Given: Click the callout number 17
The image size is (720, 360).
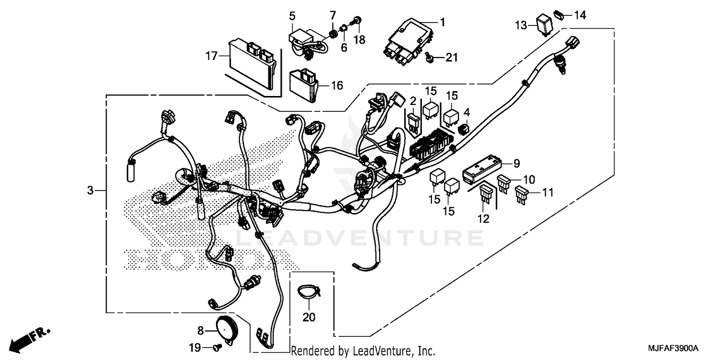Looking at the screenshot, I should tap(211, 57).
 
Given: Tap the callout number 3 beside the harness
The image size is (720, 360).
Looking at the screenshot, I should tap(90, 191).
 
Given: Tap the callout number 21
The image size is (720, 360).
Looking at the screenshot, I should tap(451, 58).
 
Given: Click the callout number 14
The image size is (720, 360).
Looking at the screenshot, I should tap(580, 15).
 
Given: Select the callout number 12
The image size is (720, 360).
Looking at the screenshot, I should tap(483, 219).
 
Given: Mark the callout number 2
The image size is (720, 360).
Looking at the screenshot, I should tap(412, 101).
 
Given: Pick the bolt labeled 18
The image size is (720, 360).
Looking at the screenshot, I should tap(357, 20).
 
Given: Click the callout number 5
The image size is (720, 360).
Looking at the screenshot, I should tap(292, 16).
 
